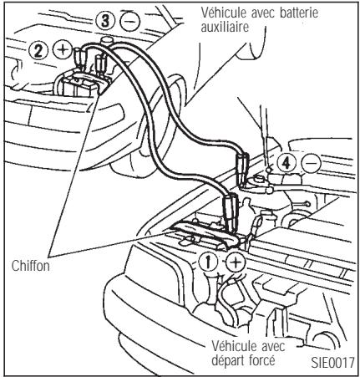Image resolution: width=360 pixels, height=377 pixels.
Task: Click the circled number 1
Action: click(x=213, y=262)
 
